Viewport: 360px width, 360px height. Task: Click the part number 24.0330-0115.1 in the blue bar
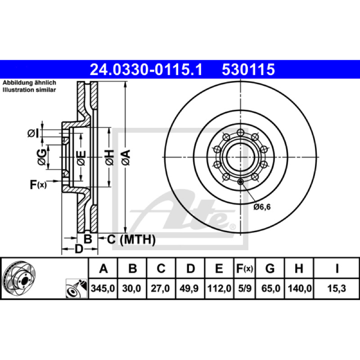pos(146,70)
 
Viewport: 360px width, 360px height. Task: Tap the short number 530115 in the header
pos(248,70)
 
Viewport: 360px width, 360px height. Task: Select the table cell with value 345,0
pos(103,288)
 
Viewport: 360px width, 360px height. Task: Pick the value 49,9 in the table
pos(189,288)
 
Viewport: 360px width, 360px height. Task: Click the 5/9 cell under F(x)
pos(245,288)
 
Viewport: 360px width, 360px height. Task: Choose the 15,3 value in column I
pos(336,288)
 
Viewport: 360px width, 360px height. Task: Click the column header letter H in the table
pos(299,268)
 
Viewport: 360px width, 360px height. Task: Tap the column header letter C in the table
pos(161,268)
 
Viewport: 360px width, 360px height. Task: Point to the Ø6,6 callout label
pos(262,207)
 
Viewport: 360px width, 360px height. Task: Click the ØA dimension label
pos(126,157)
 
